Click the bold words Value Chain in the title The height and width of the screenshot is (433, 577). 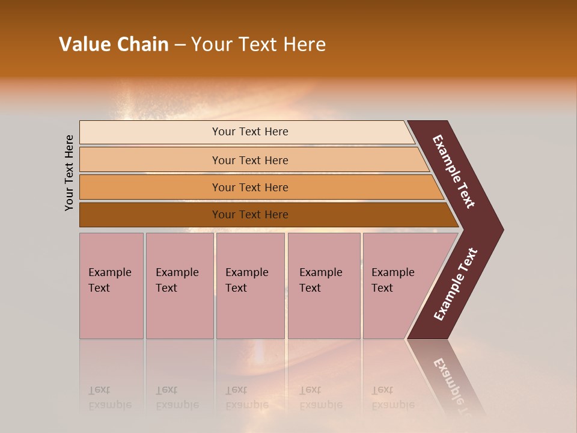click(x=114, y=45)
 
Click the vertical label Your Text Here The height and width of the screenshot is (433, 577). click(x=69, y=173)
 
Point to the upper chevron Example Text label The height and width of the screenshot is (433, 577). click(x=454, y=171)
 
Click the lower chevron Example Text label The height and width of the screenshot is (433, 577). click(x=456, y=284)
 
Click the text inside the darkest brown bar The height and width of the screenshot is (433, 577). click(x=250, y=215)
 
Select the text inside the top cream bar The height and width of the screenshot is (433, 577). click(x=250, y=132)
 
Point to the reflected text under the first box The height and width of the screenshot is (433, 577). click(x=109, y=398)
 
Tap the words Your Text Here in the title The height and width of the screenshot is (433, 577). click(x=258, y=45)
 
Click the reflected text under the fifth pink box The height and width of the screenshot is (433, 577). click(x=392, y=398)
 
